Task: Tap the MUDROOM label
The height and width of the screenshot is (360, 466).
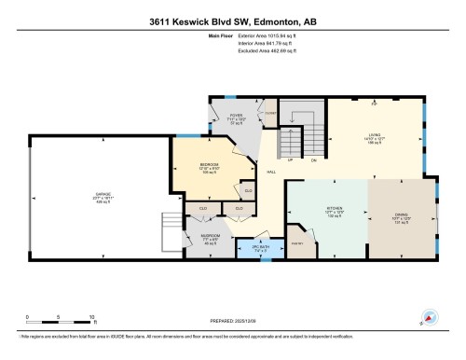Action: (x=211, y=235)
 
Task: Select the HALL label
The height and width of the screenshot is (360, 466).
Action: (x=271, y=173)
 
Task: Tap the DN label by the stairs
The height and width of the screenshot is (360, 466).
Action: (x=313, y=159)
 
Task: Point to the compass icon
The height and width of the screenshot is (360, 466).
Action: (x=429, y=316)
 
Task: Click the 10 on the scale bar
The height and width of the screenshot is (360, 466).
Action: (x=91, y=318)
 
